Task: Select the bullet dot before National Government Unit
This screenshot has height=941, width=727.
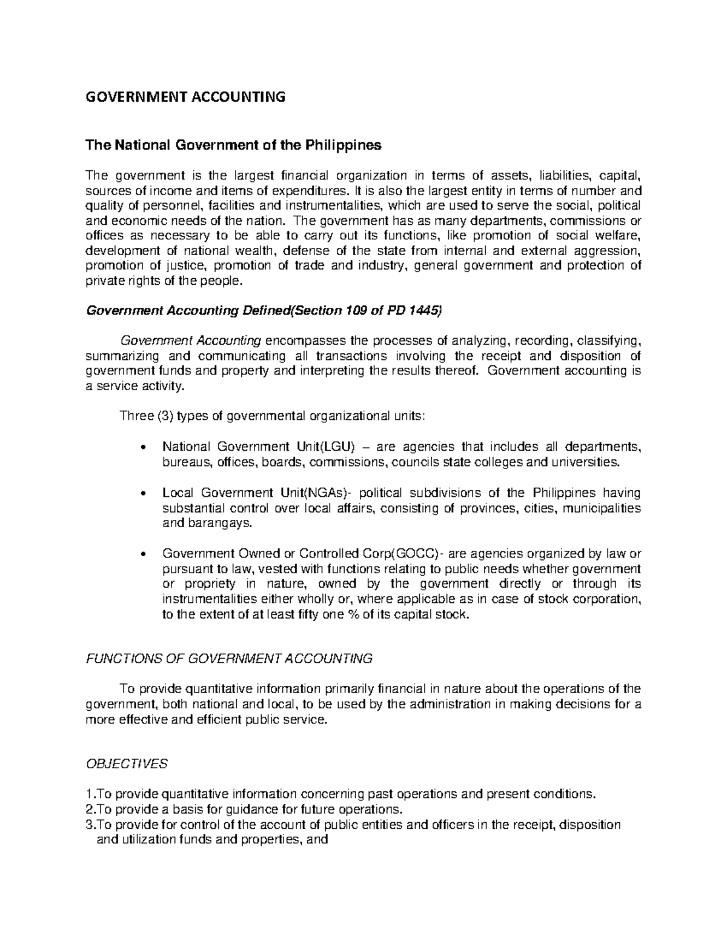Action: pos(142,448)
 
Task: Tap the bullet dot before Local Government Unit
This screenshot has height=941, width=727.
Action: pos(142,494)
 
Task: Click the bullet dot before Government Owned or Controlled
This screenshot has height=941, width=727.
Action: pos(142,554)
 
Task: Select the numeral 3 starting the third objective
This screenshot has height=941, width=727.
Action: pos(88,824)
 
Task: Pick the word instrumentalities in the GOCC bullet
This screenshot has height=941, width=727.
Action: pos(207,599)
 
